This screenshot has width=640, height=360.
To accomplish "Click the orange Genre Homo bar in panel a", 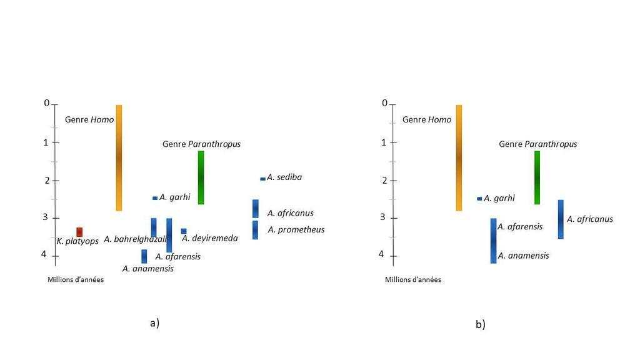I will pyautogui.click(x=119, y=157).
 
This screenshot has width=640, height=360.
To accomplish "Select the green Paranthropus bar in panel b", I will pyautogui.click(x=537, y=177).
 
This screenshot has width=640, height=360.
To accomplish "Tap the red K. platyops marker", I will pyautogui.click(x=79, y=232).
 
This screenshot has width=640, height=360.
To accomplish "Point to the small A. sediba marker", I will pyautogui.click(x=262, y=179).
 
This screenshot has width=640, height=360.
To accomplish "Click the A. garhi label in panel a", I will pyautogui.click(x=174, y=197).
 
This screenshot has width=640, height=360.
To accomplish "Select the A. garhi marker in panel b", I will pyautogui.click(x=479, y=199).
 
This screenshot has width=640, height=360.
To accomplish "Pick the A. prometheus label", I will pyautogui.click(x=296, y=229).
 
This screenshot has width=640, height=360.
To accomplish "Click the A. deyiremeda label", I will pyautogui.click(x=210, y=238).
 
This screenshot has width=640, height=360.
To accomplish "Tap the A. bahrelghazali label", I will pyautogui.click(x=135, y=239).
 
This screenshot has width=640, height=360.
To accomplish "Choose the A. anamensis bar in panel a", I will pyautogui.click(x=144, y=256).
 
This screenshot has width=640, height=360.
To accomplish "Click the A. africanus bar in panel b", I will pyautogui.click(x=561, y=219).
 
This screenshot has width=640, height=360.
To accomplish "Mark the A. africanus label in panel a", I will pyautogui.click(x=290, y=213).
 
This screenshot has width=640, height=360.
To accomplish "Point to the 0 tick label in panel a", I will pyautogui.click(x=46, y=103).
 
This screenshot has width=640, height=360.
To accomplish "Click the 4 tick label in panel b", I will pyautogui.click(x=382, y=254).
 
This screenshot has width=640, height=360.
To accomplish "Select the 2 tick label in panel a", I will pyautogui.click(x=46, y=180).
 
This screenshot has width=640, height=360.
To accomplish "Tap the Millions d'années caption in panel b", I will pyautogui.click(x=413, y=279).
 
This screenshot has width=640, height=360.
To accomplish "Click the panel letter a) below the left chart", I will pyautogui.click(x=155, y=323).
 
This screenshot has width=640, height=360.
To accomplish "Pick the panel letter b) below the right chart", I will pyautogui.click(x=480, y=324).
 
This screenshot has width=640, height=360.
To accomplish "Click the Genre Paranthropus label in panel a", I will pyautogui.click(x=201, y=144).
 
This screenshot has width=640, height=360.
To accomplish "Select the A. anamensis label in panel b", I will pyautogui.click(x=523, y=256).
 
